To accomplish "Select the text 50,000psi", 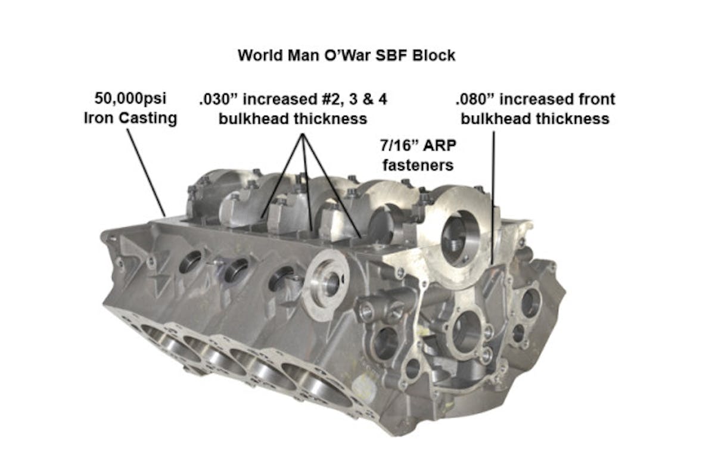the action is click(130, 98).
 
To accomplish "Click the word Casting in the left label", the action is click(148, 118).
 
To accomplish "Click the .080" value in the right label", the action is click(475, 99).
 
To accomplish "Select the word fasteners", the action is click(418, 166).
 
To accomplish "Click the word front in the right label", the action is click(596, 99).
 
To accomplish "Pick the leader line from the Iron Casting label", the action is click(147, 172).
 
